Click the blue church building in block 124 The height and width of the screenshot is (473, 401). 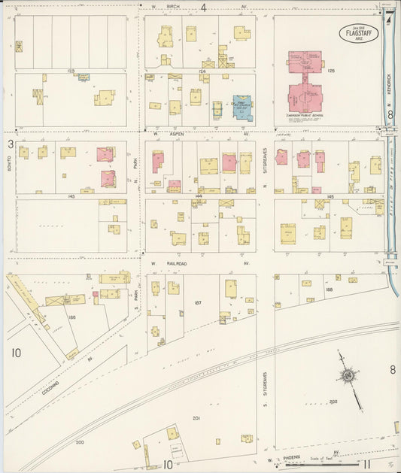click(242, 107)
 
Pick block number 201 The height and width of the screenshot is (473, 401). click(196, 418)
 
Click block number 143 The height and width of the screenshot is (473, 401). click(71, 196)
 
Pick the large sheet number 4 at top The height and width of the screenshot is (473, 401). click(203, 8)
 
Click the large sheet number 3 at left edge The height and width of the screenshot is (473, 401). click(11, 144)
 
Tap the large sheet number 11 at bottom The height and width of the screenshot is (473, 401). click(366, 465)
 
